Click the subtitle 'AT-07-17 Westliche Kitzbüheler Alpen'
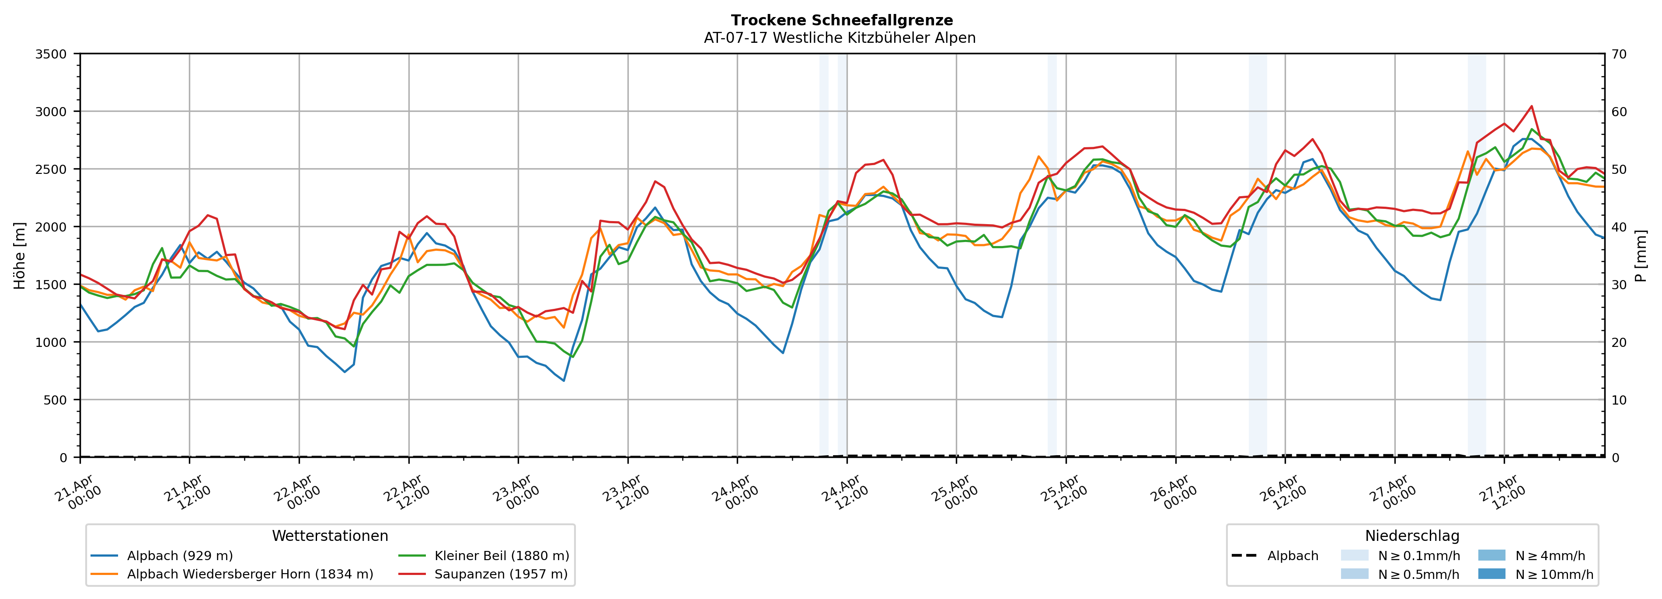(x=840, y=38)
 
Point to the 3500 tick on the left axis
(x=51, y=54)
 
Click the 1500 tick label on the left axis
(x=51, y=285)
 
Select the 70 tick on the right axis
(x=1619, y=54)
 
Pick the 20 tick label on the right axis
(x=1619, y=343)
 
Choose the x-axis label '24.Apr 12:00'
(x=845, y=492)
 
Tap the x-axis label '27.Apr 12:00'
(x=1503, y=492)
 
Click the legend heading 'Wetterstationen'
(x=330, y=536)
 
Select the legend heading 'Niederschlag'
(x=1411, y=536)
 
